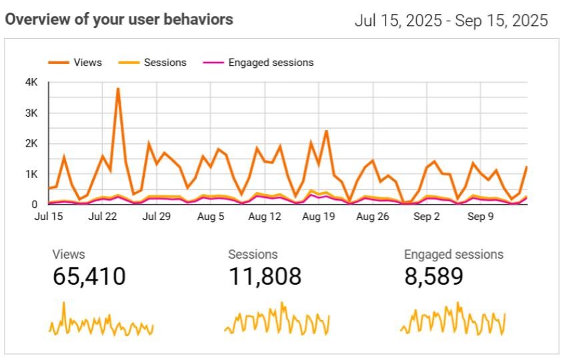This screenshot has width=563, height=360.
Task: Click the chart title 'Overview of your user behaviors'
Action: coord(119,19)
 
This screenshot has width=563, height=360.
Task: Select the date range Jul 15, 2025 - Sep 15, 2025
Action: coord(451,21)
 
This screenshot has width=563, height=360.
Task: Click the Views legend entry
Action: coord(75,63)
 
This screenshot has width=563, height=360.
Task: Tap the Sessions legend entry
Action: coord(153,63)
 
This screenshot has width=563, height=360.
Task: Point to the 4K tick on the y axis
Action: coord(31,83)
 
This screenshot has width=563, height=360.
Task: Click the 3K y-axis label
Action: coord(31,113)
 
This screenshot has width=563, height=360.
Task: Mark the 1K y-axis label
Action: coord(31,174)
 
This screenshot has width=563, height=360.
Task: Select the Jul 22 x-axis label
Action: coord(103,217)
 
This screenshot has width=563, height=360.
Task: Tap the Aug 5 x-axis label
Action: coord(211,217)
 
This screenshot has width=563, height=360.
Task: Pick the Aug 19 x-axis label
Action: coord(318,217)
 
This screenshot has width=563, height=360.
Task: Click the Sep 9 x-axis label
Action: coord(480,217)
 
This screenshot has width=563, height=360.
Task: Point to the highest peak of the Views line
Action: coord(117,89)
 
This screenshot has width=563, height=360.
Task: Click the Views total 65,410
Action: coord(89,276)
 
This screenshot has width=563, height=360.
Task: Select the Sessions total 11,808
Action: coord(265,276)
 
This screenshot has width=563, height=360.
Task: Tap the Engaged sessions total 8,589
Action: coord(434,276)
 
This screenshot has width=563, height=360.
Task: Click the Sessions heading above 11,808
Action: coord(253,255)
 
